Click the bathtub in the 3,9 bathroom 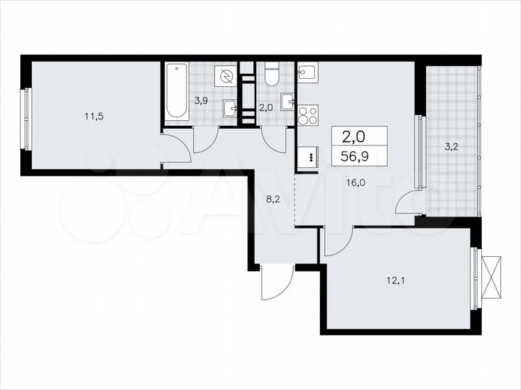[x=177, y=93]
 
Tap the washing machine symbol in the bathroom [x=227, y=76]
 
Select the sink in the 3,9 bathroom [x=231, y=108]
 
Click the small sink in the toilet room [x=288, y=101]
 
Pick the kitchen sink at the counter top [x=307, y=72]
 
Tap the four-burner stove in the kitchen [x=308, y=115]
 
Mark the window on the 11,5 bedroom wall [x=25, y=119]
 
